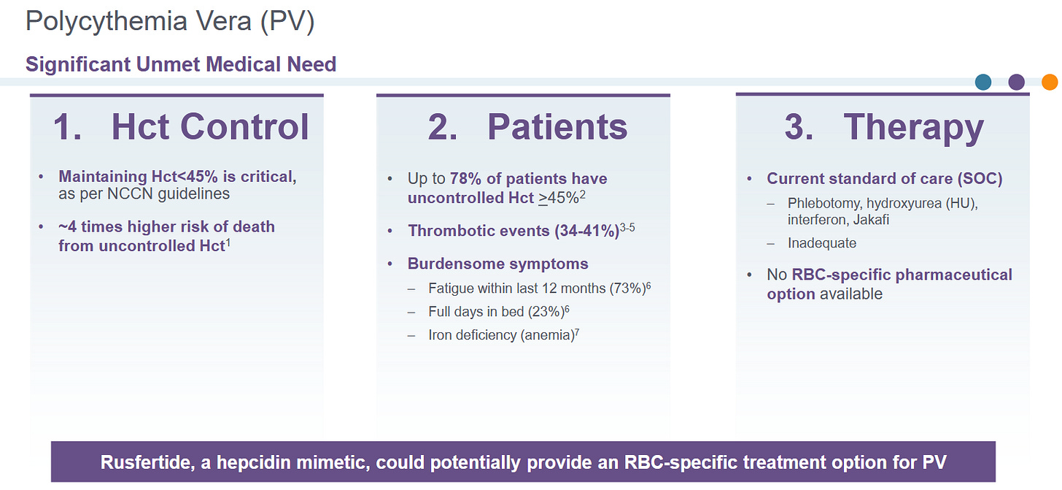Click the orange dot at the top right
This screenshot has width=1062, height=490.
click(1050, 82)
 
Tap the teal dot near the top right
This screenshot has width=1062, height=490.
click(983, 82)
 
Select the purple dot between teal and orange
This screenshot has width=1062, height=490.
click(1017, 82)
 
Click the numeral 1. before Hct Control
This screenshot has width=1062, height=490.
click(67, 127)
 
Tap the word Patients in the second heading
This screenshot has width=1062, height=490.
click(557, 127)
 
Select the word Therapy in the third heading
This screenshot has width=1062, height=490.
click(914, 129)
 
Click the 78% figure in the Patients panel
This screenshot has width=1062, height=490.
click(465, 178)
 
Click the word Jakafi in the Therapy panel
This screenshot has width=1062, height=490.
click(871, 220)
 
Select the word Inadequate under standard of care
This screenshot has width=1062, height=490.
click(822, 243)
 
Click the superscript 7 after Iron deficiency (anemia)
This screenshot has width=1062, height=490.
click(577, 331)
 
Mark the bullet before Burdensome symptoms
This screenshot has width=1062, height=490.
click(390, 264)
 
